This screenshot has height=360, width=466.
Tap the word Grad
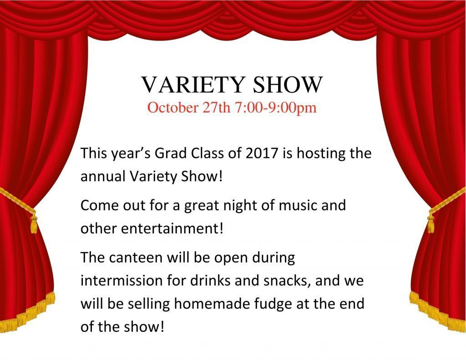coord(171,153)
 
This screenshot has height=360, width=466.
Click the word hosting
coord(317,153)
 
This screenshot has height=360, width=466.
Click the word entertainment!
coord(172,228)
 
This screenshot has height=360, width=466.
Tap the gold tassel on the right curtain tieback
coord(431,223)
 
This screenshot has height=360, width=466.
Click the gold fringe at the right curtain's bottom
coord(437,314)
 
